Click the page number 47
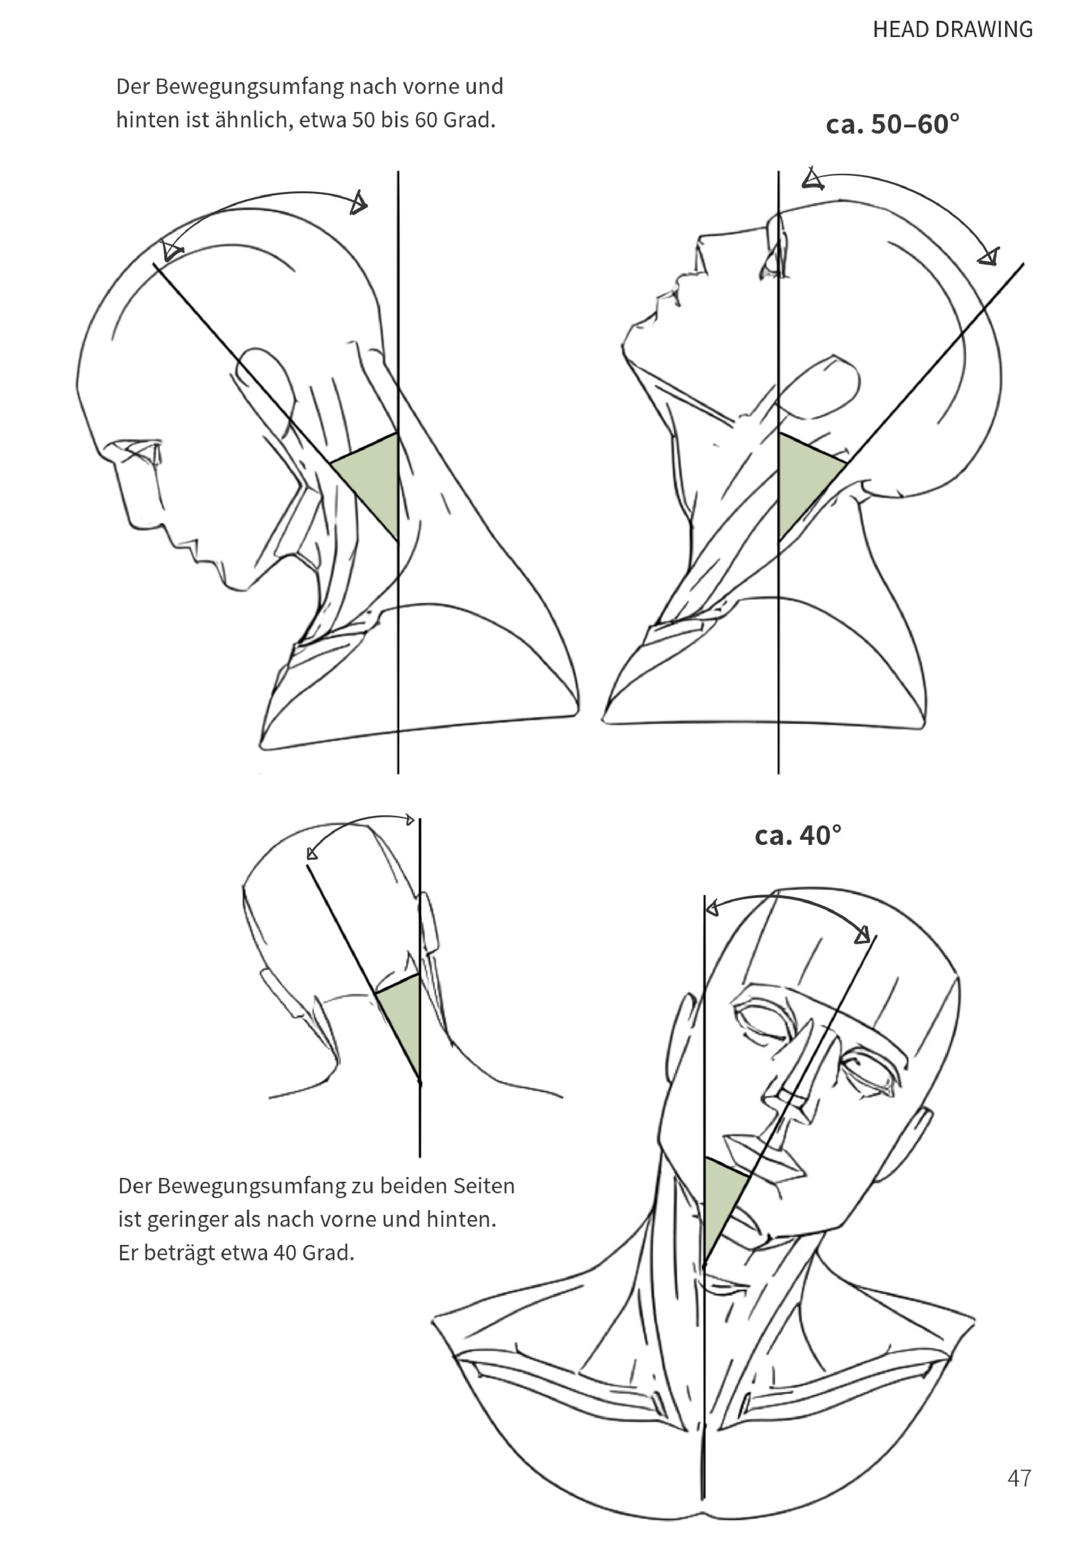click(x=1019, y=1478)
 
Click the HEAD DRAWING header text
click(x=952, y=30)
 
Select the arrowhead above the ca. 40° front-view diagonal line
click(x=862, y=934)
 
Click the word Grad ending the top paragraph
click(x=469, y=120)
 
